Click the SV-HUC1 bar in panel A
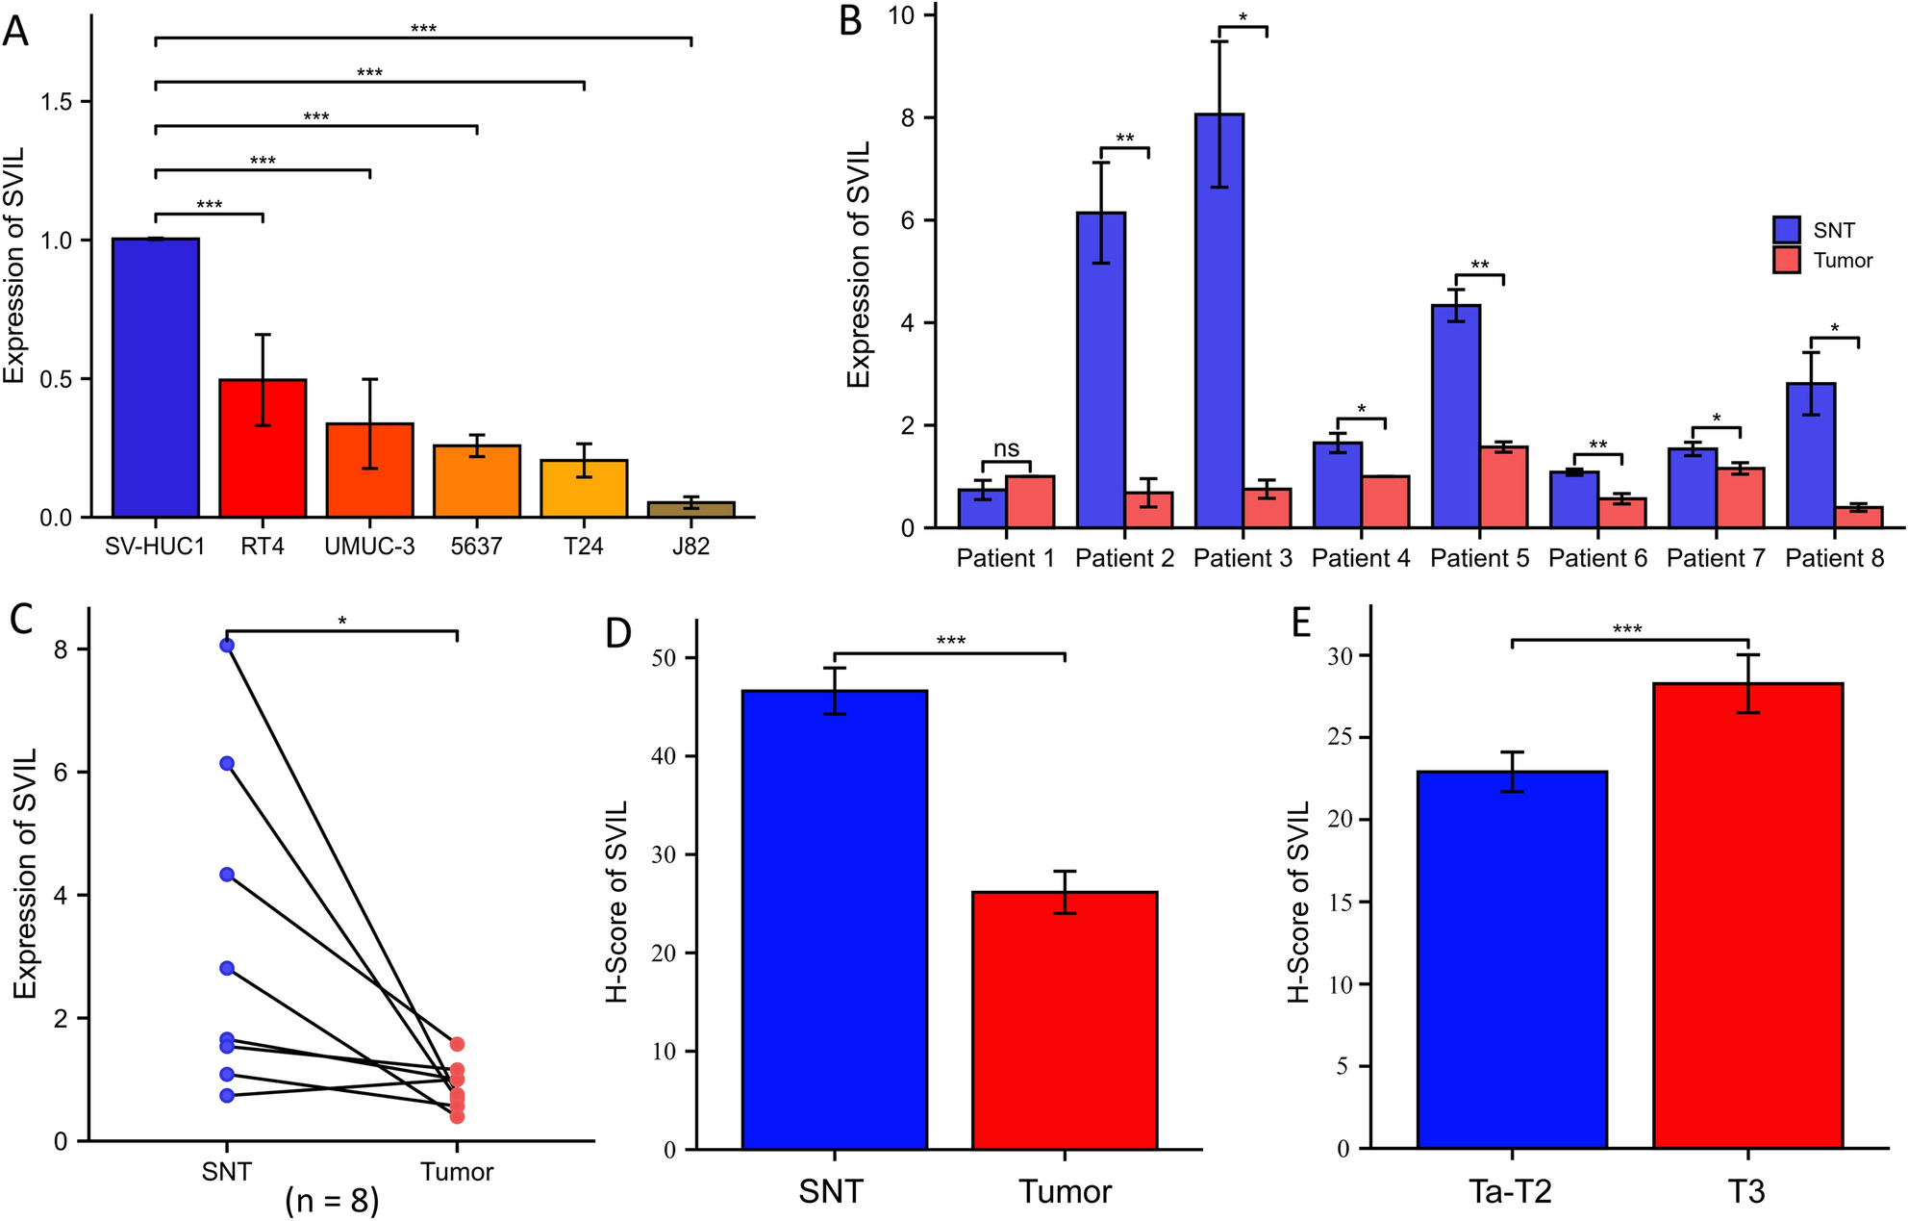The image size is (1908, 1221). (156, 377)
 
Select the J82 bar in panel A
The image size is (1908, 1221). (690, 509)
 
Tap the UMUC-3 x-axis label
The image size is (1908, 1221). (369, 547)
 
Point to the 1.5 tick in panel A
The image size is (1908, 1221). (57, 102)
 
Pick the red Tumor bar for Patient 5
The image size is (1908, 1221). (1503, 487)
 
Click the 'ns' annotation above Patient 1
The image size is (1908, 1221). (1006, 448)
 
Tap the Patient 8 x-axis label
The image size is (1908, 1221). (1834, 558)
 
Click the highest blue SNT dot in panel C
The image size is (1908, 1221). (227, 646)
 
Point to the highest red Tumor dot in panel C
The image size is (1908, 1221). (457, 1044)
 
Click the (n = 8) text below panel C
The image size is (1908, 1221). (332, 1200)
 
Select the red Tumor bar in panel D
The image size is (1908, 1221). (1065, 1020)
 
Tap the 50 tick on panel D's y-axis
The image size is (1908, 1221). (664, 658)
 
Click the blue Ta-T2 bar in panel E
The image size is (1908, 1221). (1512, 959)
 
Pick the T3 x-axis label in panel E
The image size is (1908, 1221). (1746, 1192)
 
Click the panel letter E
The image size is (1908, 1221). (1301, 623)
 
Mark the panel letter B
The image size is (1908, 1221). (850, 21)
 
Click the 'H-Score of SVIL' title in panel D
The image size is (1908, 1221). (617, 902)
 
